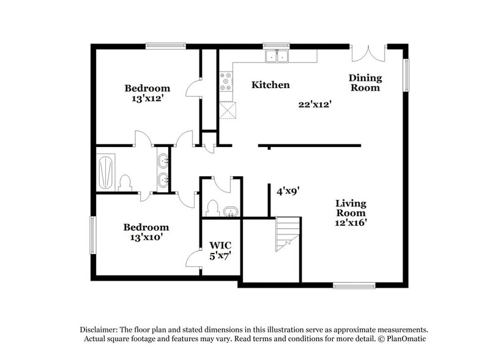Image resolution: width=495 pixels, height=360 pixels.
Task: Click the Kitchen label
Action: pos(270,85)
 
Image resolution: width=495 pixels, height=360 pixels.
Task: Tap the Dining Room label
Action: pos(365,83)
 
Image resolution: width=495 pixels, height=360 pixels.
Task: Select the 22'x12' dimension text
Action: pos(314,105)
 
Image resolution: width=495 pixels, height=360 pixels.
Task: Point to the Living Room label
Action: pos(351,208)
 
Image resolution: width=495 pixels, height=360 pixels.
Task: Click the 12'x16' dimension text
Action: pos(351,223)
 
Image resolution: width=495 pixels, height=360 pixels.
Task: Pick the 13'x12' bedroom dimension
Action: pos(147,97)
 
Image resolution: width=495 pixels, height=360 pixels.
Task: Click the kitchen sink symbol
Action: pos(277,56)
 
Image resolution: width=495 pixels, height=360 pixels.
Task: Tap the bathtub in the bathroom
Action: pos(106,172)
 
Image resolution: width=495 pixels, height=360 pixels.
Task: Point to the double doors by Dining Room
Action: pos(368,53)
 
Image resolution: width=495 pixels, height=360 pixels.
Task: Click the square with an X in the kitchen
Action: pos(228,110)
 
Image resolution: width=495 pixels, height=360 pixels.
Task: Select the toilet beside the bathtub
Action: pos(125,182)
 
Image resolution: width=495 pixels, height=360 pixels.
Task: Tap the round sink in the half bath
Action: pos(230,212)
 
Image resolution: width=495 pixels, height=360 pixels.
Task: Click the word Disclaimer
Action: pos(101,329)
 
